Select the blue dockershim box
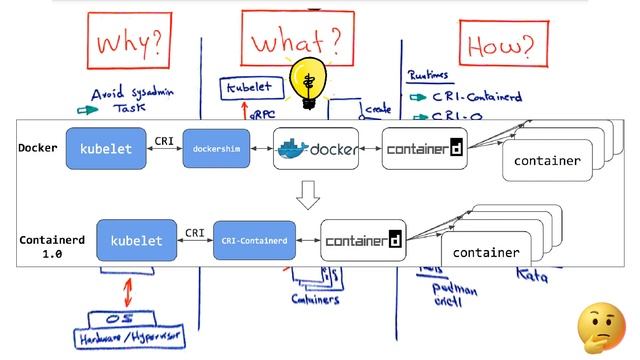[214, 149]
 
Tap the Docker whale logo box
[316, 149]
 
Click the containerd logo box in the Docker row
[424, 149]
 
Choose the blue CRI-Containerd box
[256, 241]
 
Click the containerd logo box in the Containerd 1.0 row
[363, 241]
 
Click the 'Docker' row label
[38, 148]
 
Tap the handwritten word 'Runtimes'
[432, 75]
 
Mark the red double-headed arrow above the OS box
[127, 291]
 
